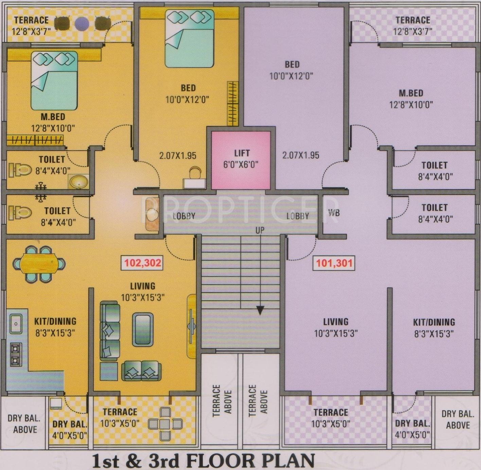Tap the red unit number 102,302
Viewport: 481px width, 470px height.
142,263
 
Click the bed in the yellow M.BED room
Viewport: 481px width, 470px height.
54,81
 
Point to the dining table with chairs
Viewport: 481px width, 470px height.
39,264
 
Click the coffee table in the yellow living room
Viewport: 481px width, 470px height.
142,329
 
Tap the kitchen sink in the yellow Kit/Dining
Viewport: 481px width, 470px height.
15,323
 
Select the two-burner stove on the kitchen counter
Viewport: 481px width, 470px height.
16,354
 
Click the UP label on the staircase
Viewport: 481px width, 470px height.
260,230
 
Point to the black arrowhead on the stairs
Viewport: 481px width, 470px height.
260,310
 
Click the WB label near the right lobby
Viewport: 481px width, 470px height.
334,213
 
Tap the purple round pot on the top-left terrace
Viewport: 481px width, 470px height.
82,23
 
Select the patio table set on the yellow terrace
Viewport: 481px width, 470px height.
165,424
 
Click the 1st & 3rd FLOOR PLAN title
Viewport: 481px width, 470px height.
203,461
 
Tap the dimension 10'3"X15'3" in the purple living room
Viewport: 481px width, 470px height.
336,334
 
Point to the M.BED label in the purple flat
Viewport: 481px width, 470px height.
411,93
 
